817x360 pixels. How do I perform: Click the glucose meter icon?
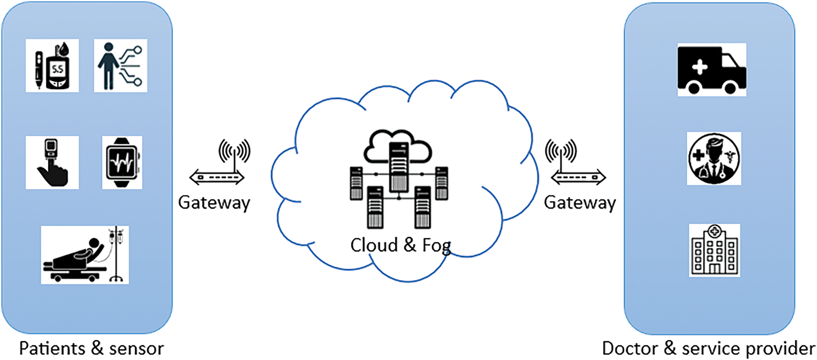pyautogui.click(x=52, y=66)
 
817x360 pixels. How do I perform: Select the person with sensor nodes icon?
pyautogui.click(x=120, y=66)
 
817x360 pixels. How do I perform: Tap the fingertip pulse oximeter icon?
pyautogui.click(x=52, y=162)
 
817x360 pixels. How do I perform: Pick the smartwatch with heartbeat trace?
pyautogui.click(x=122, y=162)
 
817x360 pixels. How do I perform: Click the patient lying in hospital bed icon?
pyautogui.click(x=84, y=255)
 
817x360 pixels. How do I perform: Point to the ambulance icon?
pyautogui.click(x=711, y=70)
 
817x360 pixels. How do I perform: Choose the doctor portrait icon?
pyautogui.click(x=714, y=159)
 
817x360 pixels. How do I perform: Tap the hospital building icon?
pyautogui.click(x=714, y=250)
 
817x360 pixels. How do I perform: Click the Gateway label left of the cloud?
pyautogui.click(x=214, y=203)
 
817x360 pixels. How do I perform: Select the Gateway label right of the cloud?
pyautogui.click(x=580, y=203)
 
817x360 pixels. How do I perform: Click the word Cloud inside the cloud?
pyautogui.click(x=374, y=245)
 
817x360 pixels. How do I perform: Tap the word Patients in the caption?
pyautogui.click(x=52, y=348)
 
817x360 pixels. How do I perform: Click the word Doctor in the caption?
pyautogui.click(x=630, y=348)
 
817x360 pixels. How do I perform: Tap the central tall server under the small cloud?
pyautogui.click(x=399, y=167)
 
